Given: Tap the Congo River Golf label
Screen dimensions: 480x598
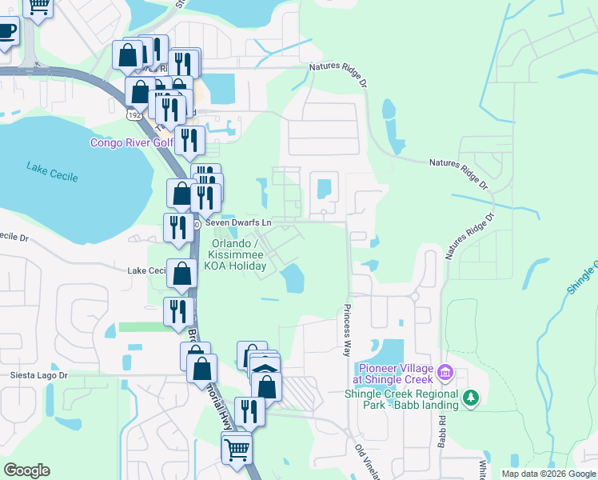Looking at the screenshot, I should pos(132,143).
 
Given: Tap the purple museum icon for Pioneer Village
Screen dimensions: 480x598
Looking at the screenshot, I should pos(446,372).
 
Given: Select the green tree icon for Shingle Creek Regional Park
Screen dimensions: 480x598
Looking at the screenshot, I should pos(472,398).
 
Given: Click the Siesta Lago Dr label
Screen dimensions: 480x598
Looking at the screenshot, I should pos(39,374).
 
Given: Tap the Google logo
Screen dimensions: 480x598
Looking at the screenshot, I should pos(26,470).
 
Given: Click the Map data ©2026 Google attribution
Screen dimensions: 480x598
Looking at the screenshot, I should pos(549,474).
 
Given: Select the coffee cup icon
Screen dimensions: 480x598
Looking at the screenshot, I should pos(6,32).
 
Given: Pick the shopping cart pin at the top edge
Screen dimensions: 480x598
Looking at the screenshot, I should pos(38,6).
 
